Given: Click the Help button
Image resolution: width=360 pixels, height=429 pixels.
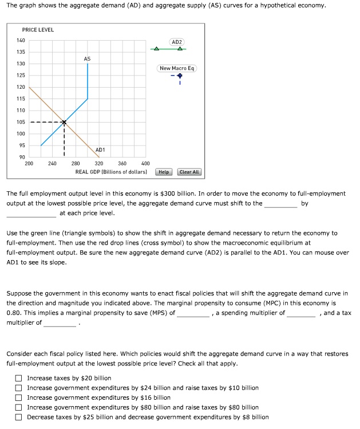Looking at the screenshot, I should click(x=164, y=172).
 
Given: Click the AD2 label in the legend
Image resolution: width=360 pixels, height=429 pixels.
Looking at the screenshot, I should click(x=177, y=42).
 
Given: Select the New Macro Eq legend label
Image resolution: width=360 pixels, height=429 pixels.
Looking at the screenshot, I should click(x=177, y=68).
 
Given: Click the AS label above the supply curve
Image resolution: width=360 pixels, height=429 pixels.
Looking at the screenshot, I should click(x=87, y=58).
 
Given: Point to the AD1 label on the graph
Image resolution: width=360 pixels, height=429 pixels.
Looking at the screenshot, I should click(x=100, y=149).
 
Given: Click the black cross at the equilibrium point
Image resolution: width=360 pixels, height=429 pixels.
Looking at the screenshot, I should click(x=64, y=122).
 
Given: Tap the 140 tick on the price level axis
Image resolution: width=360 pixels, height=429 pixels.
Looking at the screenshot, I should click(x=21, y=40).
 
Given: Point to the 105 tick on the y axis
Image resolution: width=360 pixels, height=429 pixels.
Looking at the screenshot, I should click(x=21, y=122).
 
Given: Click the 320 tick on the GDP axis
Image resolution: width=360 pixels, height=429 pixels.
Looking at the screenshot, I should click(x=98, y=164).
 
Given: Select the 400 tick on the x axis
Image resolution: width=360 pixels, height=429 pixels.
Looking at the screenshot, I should click(x=145, y=164).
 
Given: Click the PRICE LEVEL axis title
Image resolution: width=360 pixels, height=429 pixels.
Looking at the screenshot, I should click(x=38, y=30).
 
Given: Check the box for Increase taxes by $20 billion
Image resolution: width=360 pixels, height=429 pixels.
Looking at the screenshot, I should click(x=19, y=378).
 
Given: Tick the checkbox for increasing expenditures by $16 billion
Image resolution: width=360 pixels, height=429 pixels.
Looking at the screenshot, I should click(x=19, y=397).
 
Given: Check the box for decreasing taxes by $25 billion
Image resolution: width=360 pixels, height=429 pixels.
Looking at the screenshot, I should click(x=19, y=417).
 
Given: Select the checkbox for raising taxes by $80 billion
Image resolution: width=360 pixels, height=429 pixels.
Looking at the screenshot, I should click(x=19, y=407).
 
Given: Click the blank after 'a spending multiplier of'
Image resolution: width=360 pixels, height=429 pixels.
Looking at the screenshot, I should click(x=301, y=313).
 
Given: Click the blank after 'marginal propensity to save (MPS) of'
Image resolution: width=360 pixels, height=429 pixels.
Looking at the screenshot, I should click(x=193, y=313).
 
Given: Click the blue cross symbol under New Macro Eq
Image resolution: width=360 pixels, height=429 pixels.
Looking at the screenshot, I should click(x=179, y=76).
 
